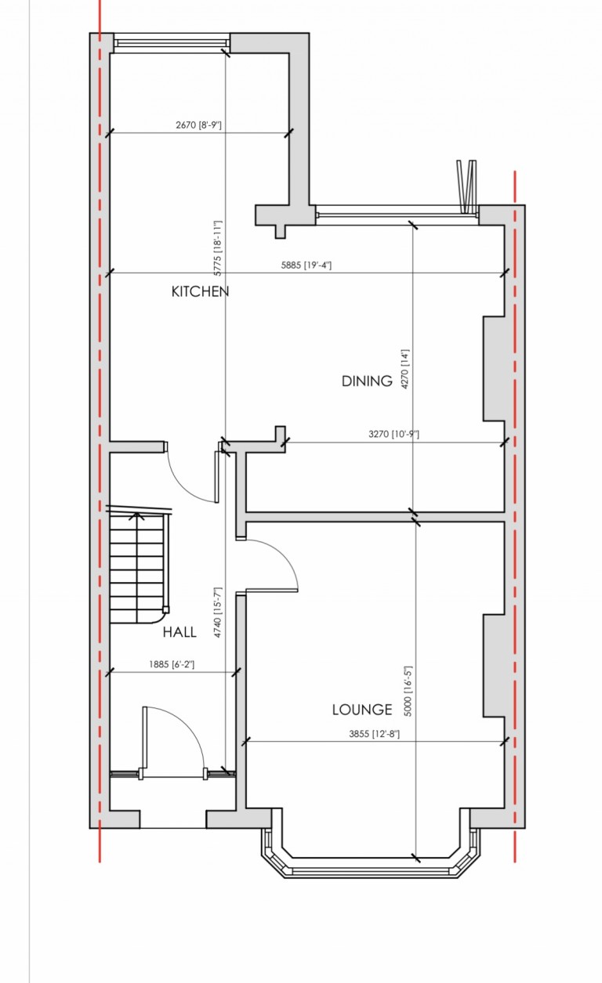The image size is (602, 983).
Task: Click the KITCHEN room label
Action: (x=200, y=291)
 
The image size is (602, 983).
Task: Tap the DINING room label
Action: (x=367, y=381)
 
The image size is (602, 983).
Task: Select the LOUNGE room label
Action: (x=361, y=710)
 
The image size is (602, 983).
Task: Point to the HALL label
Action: (x=180, y=631)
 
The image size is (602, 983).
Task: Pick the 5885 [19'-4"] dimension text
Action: (x=306, y=265)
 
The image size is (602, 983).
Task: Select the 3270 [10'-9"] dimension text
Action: (x=393, y=434)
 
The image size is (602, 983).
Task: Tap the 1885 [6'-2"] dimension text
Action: (x=171, y=664)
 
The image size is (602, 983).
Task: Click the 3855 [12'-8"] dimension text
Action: (x=375, y=734)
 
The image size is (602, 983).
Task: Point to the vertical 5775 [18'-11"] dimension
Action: (x=218, y=248)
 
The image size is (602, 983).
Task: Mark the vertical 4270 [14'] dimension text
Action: (x=405, y=369)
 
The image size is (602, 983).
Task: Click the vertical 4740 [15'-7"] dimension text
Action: (x=219, y=611)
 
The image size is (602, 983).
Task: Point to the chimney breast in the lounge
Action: (x=493, y=666)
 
